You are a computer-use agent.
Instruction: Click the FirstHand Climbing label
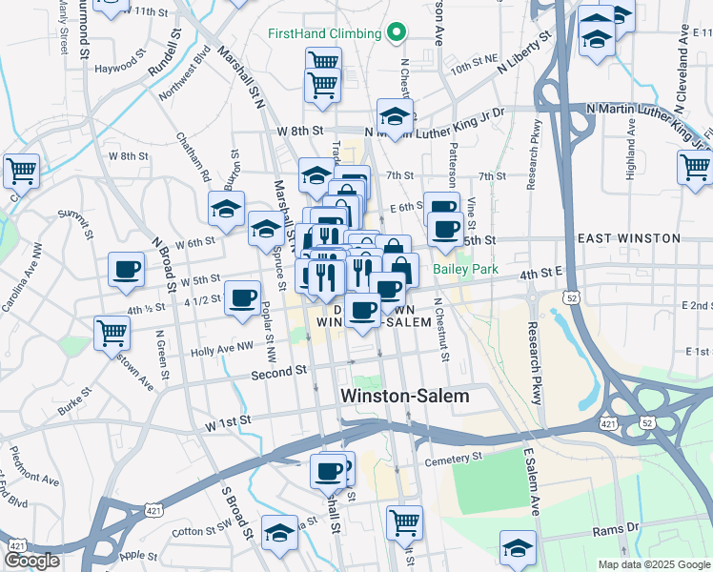tap(324, 33)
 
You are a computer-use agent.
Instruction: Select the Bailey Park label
tap(466, 270)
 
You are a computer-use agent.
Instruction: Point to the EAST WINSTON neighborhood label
tap(629, 238)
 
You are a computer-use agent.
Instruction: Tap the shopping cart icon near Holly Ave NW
tap(112, 333)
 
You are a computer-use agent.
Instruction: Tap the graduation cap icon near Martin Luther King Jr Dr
tap(395, 115)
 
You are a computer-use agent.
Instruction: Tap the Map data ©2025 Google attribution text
tap(653, 564)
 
